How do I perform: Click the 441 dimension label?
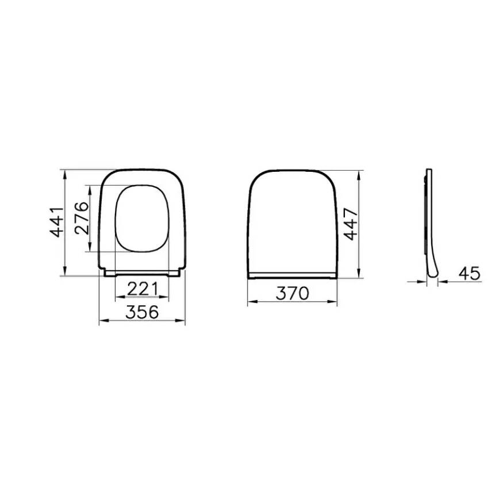point(56,222)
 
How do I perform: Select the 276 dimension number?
point(81,218)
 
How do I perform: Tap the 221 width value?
point(143,289)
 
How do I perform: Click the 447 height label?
point(350,224)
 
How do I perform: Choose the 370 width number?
point(292,293)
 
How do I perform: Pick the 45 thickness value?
point(469,274)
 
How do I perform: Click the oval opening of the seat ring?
point(142,218)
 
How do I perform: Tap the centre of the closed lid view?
point(292,224)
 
